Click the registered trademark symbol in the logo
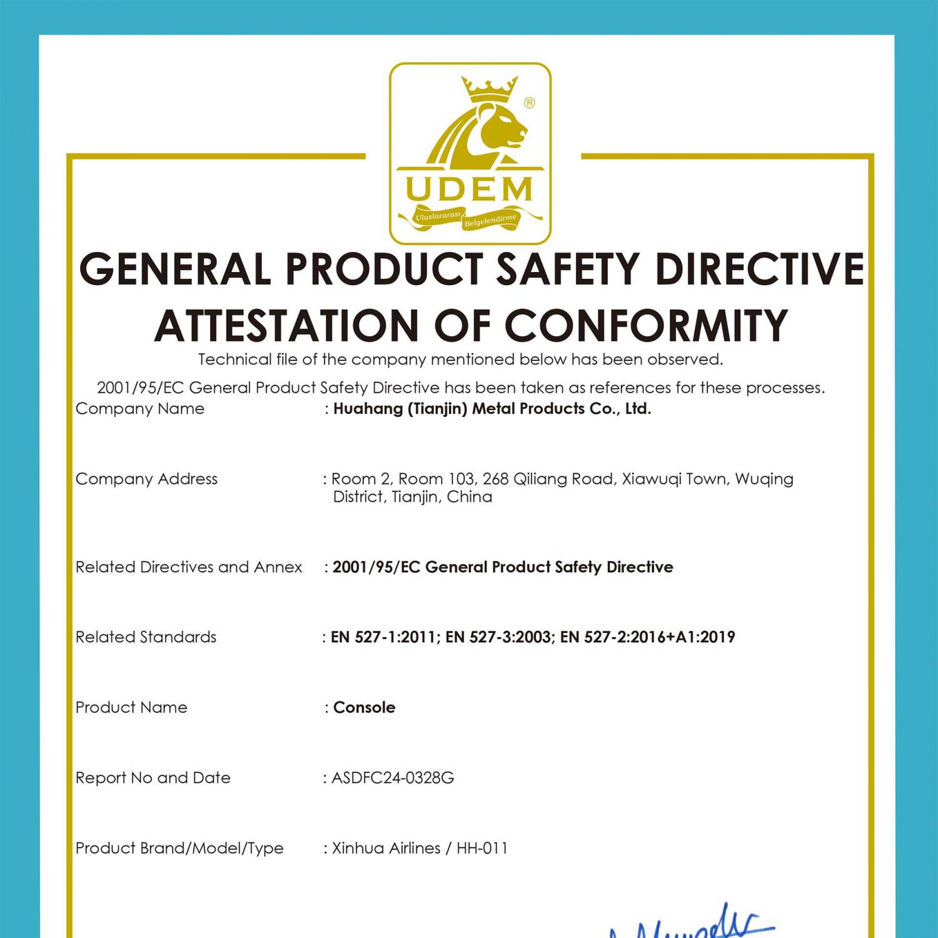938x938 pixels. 529,103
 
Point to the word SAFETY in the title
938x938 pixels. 568,270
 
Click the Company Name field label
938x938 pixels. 140,409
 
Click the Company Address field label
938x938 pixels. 146,479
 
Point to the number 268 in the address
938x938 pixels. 495,479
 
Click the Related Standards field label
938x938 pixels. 146,637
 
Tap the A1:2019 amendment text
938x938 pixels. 705,637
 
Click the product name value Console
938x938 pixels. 364,707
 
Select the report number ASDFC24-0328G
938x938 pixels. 393,778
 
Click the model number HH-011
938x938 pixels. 482,849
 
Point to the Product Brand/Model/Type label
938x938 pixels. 179,849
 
